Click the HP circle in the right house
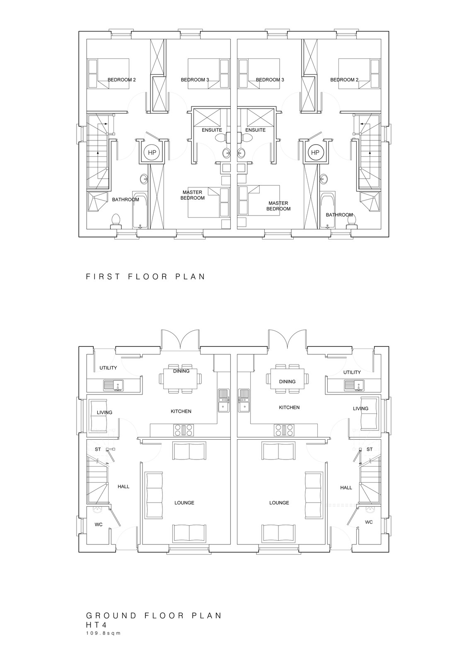coord(315,152)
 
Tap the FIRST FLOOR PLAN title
coord(145,276)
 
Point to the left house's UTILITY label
coord(108,368)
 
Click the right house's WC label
coord(369,530)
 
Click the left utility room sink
coord(114,385)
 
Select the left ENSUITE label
coord(212,130)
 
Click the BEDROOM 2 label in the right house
coord(344,80)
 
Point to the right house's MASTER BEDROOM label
coord(278,206)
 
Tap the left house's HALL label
coord(123,486)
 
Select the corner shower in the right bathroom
coord(370,202)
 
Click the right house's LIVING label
coord(360,408)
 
